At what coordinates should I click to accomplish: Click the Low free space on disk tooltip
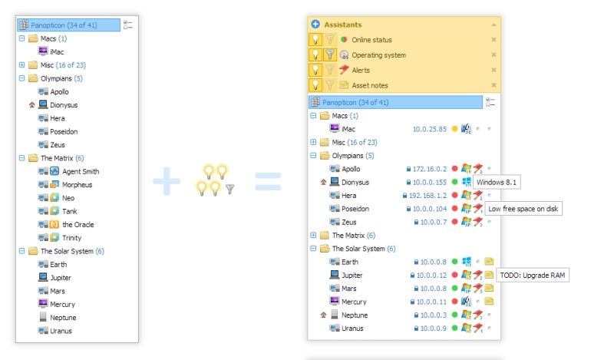tap(523, 209)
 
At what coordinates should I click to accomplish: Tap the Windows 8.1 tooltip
tap(497, 182)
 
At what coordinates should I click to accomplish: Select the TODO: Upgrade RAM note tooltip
tap(533, 276)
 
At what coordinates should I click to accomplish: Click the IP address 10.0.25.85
tap(430, 129)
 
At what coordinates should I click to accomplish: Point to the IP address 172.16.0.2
tap(430, 169)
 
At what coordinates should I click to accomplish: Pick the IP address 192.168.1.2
tap(427, 196)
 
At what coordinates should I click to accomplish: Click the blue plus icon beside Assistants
tap(315, 25)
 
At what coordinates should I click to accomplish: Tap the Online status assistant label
tap(371, 40)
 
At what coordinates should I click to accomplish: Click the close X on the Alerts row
tap(494, 70)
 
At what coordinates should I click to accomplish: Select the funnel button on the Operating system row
tap(330, 54)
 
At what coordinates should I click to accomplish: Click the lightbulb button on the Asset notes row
tap(315, 85)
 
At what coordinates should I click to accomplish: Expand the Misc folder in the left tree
tap(22, 65)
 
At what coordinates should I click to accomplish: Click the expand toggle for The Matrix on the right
tap(313, 235)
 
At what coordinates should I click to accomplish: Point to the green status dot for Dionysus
tap(454, 182)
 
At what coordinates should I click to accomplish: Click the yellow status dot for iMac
tap(454, 128)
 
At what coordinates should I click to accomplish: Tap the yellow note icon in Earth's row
tap(489, 261)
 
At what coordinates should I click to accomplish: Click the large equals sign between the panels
tap(268, 182)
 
